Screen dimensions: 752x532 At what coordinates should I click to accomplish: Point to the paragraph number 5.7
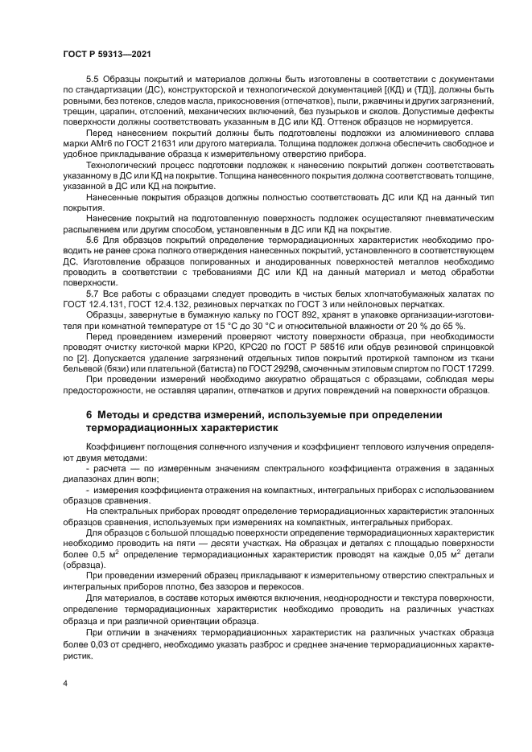92,295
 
